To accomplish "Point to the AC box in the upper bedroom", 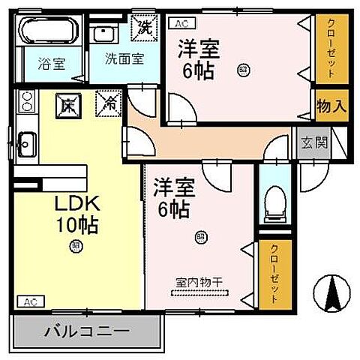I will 181,24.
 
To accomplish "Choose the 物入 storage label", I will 331,106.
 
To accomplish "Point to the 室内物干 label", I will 197,283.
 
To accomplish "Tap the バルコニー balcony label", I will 86,330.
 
